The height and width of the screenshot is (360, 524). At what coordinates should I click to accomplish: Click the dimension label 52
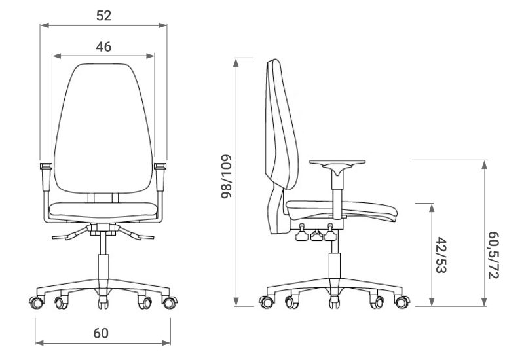(x=103, y=16)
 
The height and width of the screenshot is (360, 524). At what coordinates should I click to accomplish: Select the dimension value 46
(x=103, y=46)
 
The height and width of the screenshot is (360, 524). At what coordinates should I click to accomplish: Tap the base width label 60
(x=101, y=333)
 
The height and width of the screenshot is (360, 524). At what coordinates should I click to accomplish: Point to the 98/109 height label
(x=226, y=176)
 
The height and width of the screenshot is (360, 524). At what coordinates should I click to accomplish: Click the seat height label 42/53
(x=441, y=255)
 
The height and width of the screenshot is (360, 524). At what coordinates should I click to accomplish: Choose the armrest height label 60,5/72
(x=494, y=255)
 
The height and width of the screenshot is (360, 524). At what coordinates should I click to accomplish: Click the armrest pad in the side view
(x=337, y=162)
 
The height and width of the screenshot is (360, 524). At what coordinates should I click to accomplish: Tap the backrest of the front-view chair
(x=103, y=128)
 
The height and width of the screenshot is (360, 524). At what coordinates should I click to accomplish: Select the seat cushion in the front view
(x=103, y=210)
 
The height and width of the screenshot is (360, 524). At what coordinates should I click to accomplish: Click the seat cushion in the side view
(x=341, y=209)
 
